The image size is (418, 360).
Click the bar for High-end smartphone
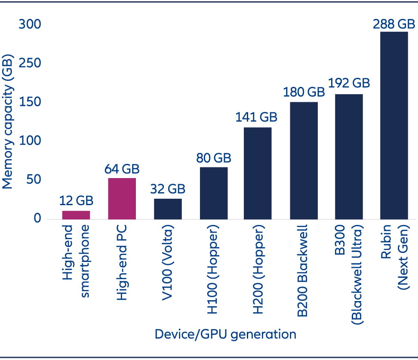coord(76,215)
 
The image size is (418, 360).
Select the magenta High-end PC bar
coord(122,198)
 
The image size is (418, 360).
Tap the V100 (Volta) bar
coord(168,209)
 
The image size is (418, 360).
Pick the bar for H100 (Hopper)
coord(214,193)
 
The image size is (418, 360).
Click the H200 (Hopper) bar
coord(258,173)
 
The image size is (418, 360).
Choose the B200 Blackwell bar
coord(304,160)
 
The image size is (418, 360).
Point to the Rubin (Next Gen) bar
coord(394,125)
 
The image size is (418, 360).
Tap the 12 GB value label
coord(76,200)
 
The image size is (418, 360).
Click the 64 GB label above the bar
coord(122,169)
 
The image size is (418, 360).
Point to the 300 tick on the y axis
coord(30,25)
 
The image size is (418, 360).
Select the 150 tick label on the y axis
coord(30,102)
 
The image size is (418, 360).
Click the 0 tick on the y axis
coord(37,219)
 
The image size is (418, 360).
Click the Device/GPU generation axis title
coord(225,334)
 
